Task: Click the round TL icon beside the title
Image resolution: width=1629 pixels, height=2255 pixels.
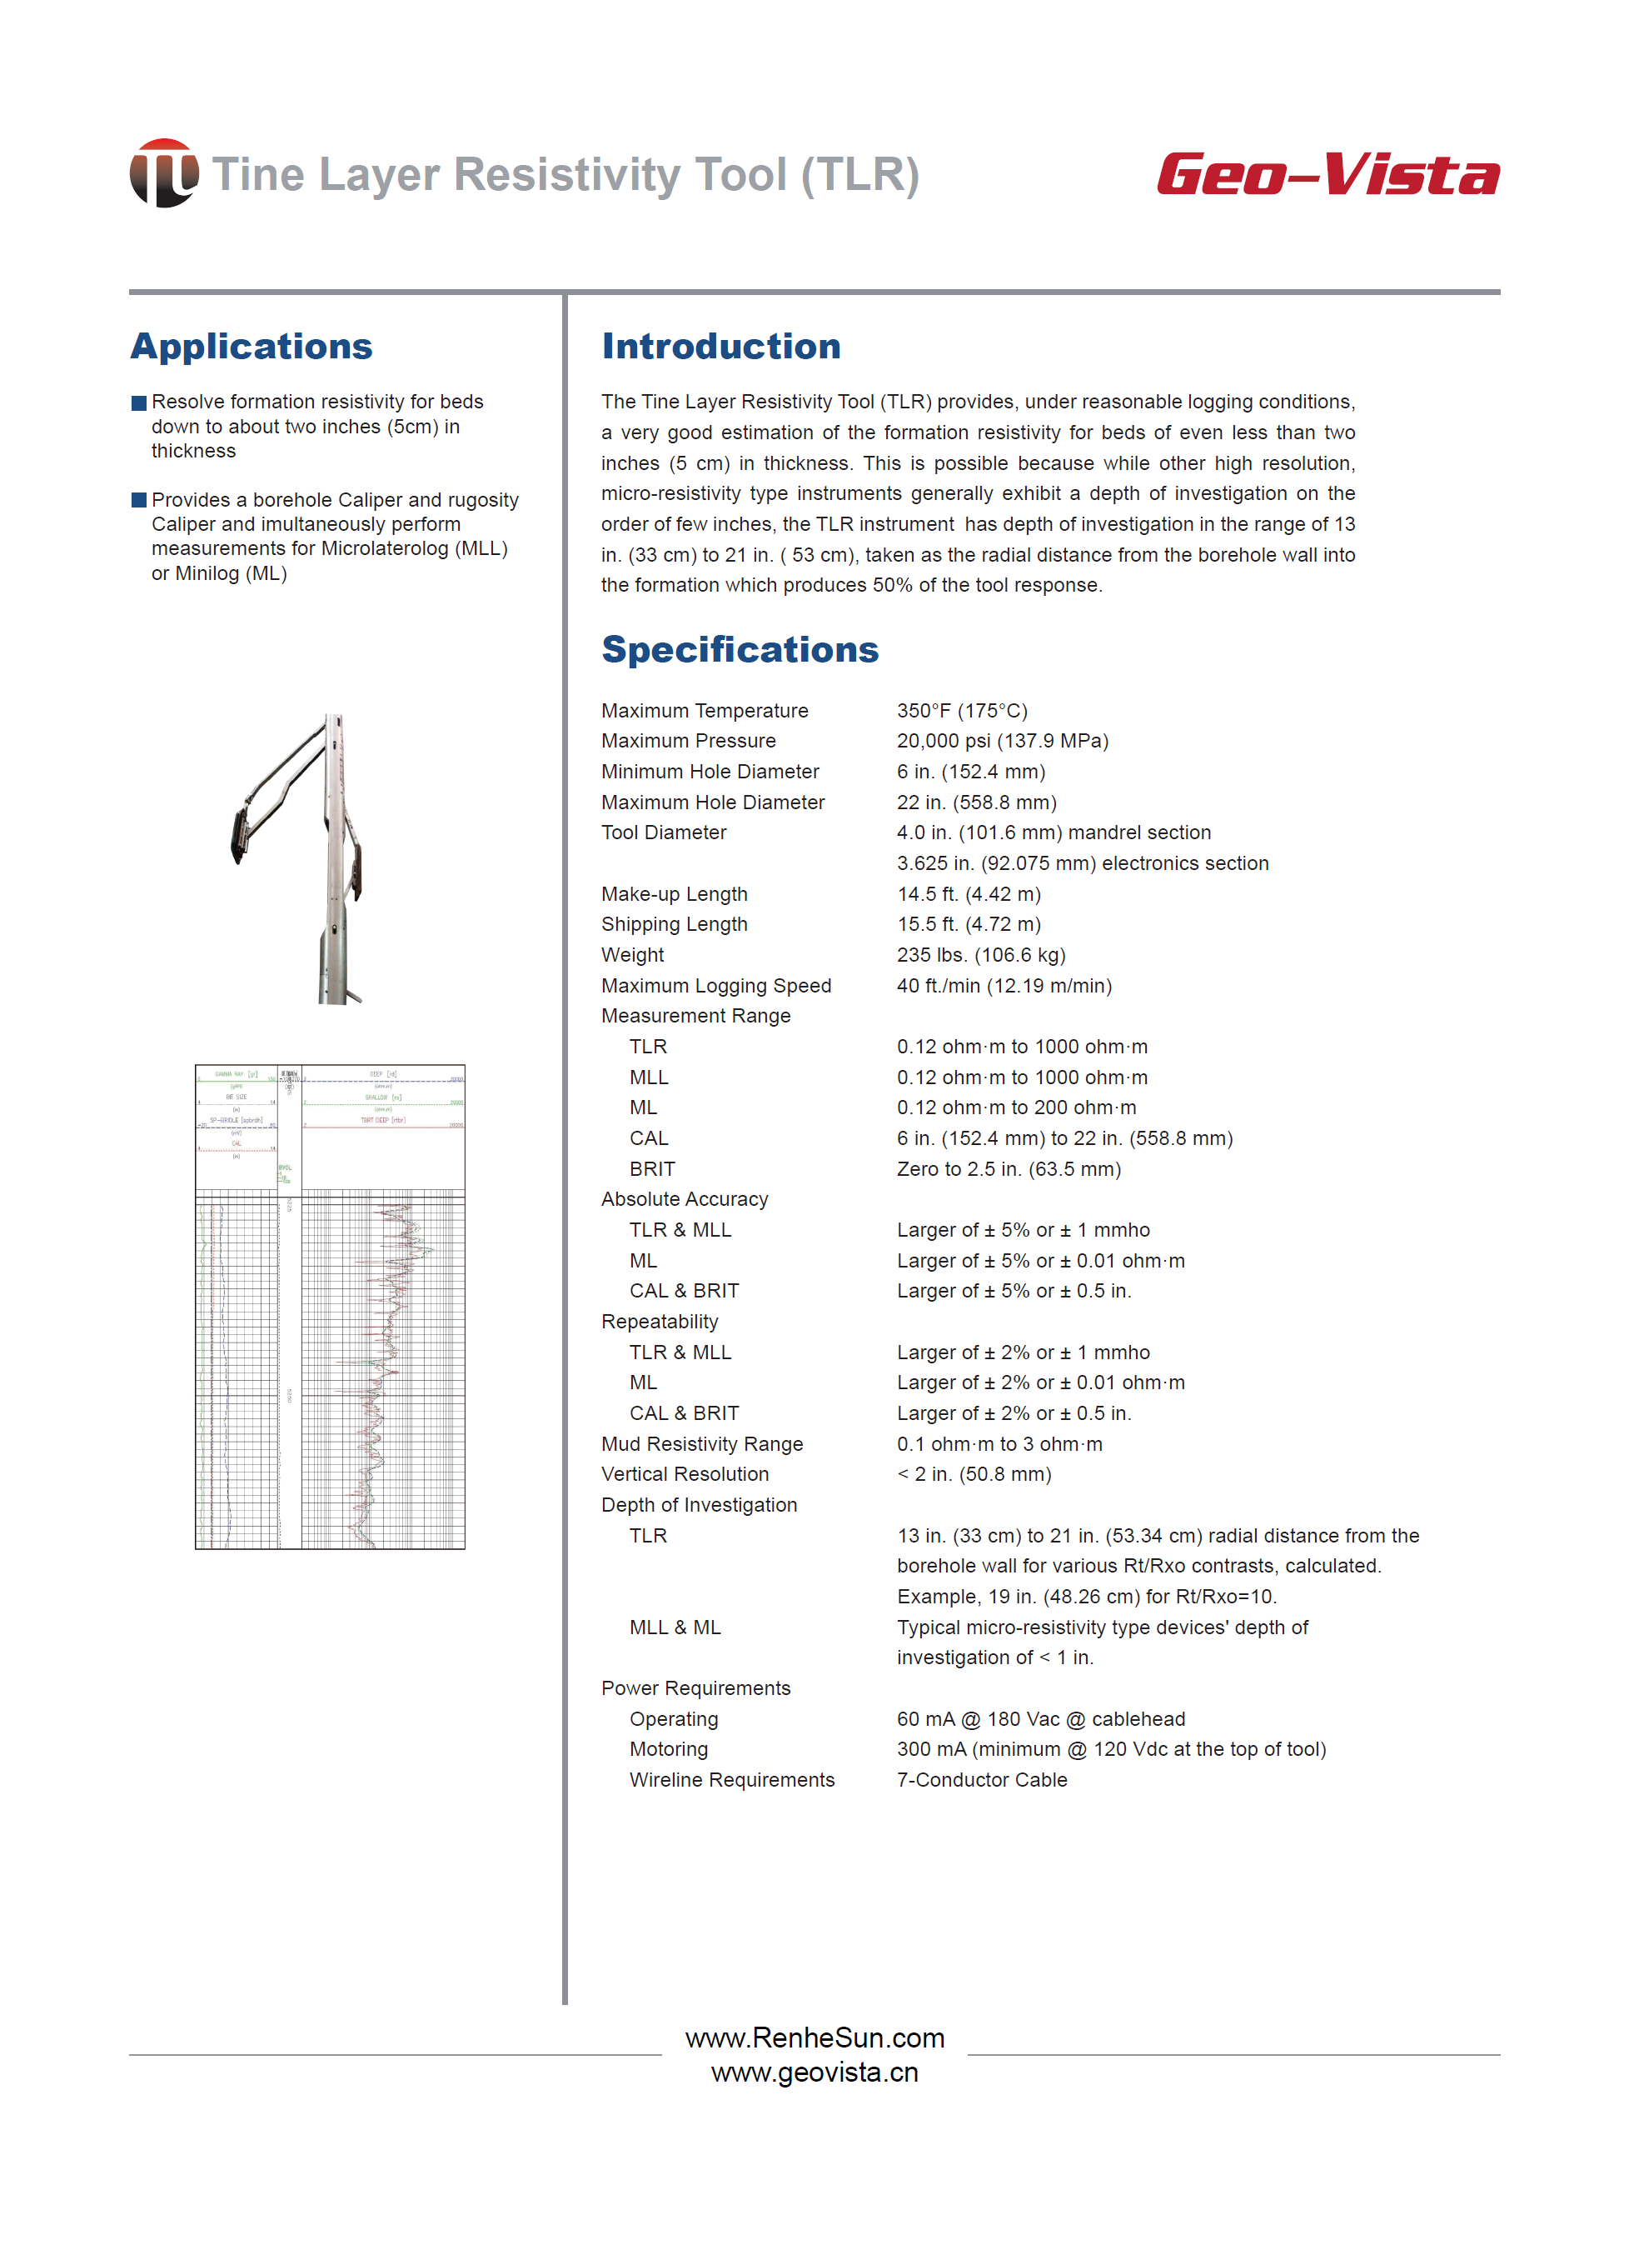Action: pyautogui.click(x=164, y=173)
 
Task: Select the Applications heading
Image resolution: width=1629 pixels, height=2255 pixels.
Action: pyautogui.click(x=252, y=346)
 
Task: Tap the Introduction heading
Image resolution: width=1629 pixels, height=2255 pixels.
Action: pyautogui.click(x=720, y=346)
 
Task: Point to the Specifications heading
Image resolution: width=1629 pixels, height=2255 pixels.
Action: pyautogui.click(x=740, y=649)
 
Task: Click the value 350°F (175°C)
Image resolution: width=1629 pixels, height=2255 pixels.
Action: pyautogui.click(x=961, y=711)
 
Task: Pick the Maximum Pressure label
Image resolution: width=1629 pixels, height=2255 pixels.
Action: pyautogui.click(x=688, y=741)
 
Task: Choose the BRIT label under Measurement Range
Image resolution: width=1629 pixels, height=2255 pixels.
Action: pyautogui.click(x=652, y=1169)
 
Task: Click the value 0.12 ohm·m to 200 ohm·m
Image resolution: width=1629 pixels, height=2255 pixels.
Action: pyautogui.click(x=1016, y=1107)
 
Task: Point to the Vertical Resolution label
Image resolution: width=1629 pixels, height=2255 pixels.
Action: pyautogui.click(x=685, y=1473)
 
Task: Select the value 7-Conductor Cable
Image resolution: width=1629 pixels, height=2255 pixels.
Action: pyautogui.click(x=981, y=1780)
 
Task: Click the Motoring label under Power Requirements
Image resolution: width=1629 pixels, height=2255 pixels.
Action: pyautogui.click(x=668, y=1749)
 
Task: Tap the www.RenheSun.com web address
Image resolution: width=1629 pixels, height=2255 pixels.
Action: pyautogui.click(x=814, y=2038)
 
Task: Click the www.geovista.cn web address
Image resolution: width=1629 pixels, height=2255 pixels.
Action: pyautogui.click(x=814, y=2073)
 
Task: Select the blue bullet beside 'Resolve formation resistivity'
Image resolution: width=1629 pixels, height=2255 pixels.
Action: pyautogui.click(x=139, y=402)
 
